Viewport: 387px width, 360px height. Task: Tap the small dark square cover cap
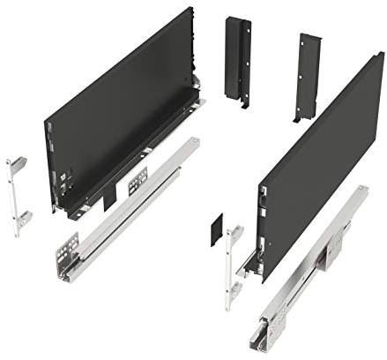point(218,231)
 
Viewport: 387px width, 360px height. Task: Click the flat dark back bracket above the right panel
point(308,76)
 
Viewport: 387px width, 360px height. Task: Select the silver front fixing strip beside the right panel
point(232,265)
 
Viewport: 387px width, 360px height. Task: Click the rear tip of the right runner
point(361,190)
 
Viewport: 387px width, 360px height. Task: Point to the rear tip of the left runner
point(193,141)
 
